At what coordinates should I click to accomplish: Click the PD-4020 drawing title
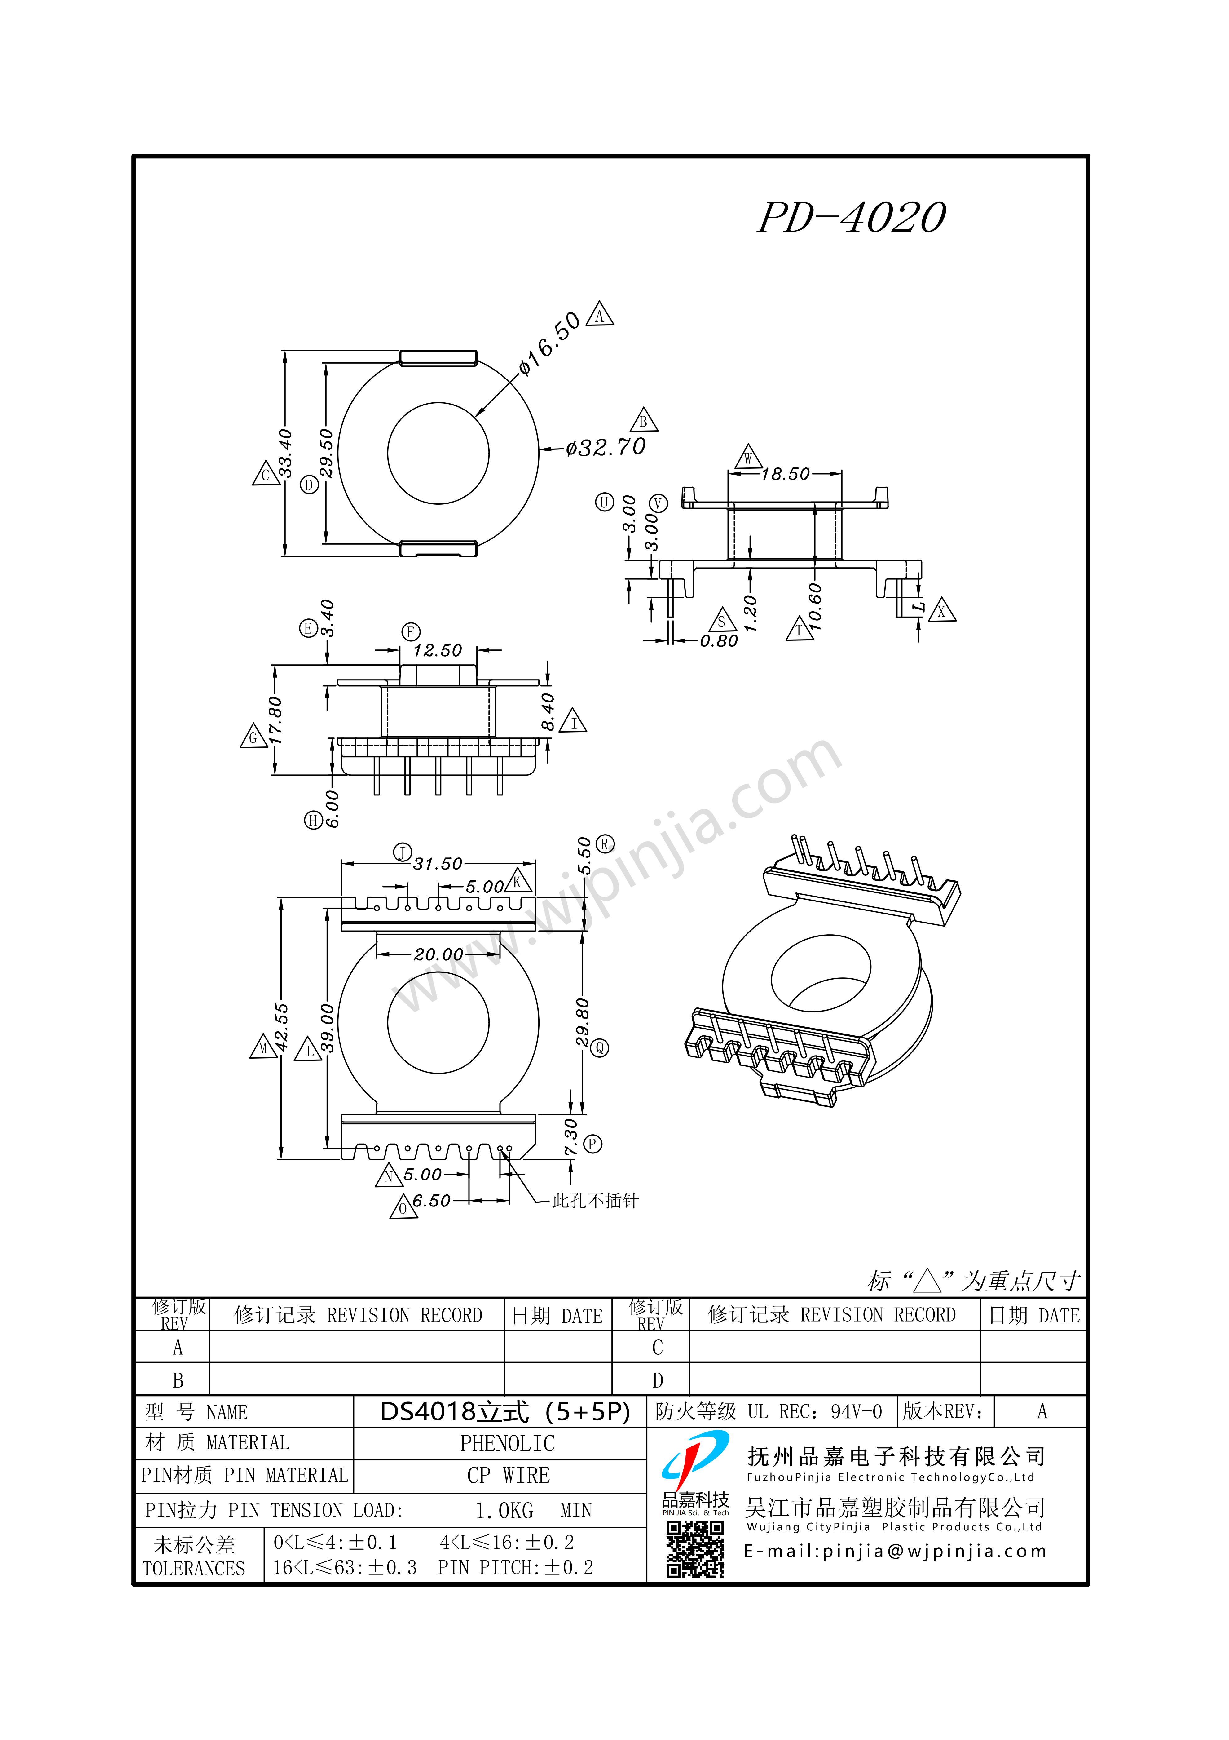[x=852, y=218]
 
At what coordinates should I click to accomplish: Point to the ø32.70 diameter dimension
[x=606, y=447]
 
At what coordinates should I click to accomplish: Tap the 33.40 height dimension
[x=285, y=453]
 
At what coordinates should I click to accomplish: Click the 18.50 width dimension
[x=786, y=474]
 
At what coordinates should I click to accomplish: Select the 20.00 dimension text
[x=438, y=954]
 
